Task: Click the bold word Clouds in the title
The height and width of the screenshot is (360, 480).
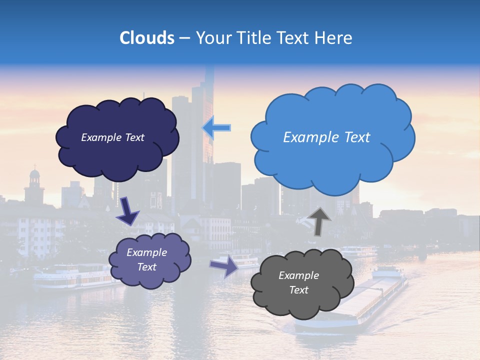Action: point(146,38)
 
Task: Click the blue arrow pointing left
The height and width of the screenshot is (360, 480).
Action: point(216,127)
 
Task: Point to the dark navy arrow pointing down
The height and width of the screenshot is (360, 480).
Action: point(128,210)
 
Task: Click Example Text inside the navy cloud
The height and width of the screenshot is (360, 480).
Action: point(112,137)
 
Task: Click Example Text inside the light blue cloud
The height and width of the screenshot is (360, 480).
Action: point(326,137)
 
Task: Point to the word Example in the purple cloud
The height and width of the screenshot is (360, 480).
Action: point(146,252)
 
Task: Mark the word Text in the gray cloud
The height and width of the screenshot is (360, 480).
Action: point(298,290)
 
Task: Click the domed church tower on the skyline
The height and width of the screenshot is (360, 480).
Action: point(34,185)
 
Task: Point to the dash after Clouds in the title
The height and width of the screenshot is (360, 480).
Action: point(184,38)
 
